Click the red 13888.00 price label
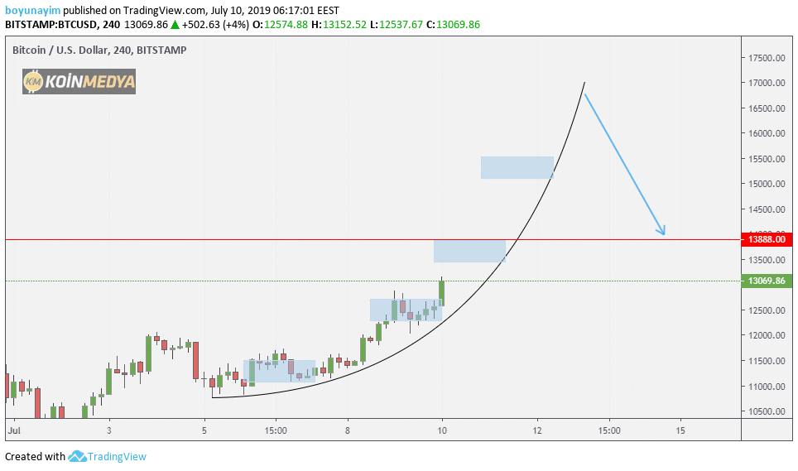766,239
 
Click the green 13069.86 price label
766,281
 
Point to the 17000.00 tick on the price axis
767,83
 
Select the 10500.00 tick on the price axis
767,411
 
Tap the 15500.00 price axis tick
767,159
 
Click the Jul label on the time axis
13,430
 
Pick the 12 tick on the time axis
537,430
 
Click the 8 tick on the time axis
348,430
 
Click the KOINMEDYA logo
79,81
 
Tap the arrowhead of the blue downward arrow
663,233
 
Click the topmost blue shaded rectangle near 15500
517,167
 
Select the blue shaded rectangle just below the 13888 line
469,252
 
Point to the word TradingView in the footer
118,456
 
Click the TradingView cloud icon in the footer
78,456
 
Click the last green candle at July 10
442,292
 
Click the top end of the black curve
584,83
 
